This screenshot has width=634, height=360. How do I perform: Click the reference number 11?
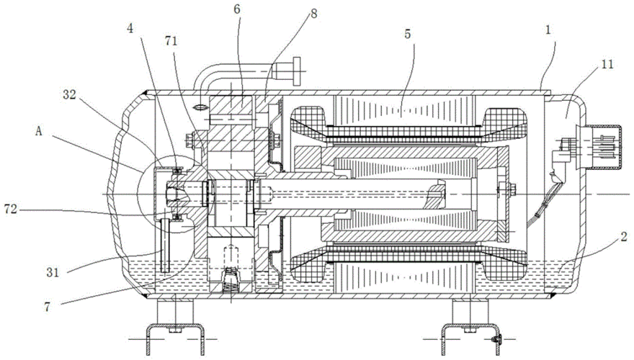point(606,65)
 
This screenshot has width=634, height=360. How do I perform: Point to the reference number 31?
point(53,271)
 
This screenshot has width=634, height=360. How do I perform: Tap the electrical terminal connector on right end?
point(602,148)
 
